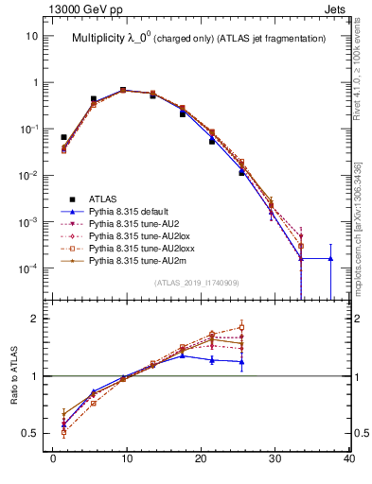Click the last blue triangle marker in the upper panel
coord(330,258)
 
